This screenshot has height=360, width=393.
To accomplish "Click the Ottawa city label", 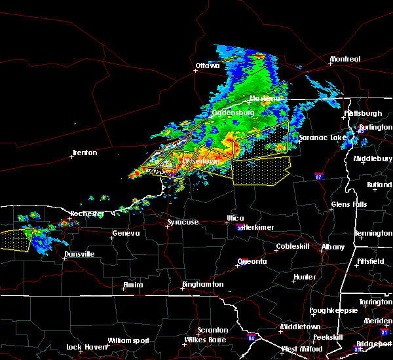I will (207, 65).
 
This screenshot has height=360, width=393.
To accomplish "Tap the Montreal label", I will (345, 60).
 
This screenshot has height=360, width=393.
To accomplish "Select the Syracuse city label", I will (183, 223).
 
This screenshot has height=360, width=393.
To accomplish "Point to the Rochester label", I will (87, 214).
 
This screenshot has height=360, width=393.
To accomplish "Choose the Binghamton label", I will (203, 285).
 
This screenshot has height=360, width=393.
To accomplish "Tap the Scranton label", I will (214, 330).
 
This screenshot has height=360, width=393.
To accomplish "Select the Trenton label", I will (84, 153).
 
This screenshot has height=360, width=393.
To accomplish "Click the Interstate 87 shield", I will (318, 176).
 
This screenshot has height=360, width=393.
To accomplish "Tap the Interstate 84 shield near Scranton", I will (252, 338).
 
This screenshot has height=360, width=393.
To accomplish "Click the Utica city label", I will (235, 218).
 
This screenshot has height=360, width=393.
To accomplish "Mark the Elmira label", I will (133, 285).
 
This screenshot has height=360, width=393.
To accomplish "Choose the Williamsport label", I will (129, 340).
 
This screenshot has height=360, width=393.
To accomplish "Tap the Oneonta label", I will (252, 262).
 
